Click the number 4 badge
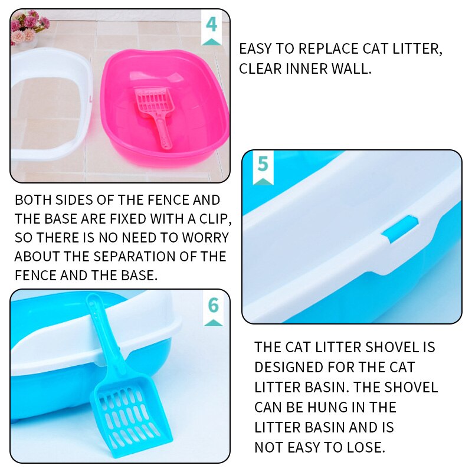point(211,26)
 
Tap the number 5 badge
point(263,166)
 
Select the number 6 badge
point(213,306)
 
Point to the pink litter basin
point(177,136)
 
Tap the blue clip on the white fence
point(399,230)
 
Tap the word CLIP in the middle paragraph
point(211,219)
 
